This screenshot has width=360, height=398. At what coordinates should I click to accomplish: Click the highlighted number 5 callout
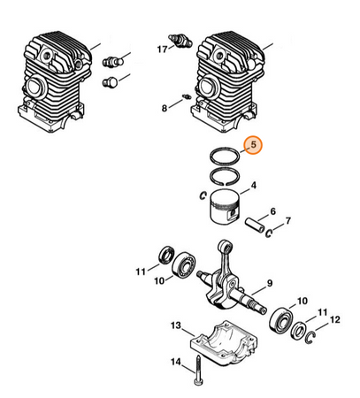(254, 145)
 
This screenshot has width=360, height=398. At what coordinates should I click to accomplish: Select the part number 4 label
(253, 186)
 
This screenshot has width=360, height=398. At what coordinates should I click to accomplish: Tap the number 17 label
(162, 50)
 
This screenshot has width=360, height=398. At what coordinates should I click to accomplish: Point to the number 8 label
(165, 108)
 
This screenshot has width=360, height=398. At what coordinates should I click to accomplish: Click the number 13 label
(176, 325)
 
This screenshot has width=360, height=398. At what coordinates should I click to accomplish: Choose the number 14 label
(176, 362)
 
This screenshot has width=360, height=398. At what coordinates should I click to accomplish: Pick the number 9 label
(270, 283)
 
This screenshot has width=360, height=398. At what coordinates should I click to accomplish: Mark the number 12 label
(335, 319)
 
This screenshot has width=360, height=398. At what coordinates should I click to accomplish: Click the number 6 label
(273, 211)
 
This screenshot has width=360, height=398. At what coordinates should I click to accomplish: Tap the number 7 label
(288, 220)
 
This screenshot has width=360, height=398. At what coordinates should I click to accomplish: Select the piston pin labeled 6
(255, 225)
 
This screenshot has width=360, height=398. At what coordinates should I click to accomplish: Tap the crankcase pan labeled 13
(225, 342)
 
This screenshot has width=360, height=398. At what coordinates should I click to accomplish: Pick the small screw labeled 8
(187, 96)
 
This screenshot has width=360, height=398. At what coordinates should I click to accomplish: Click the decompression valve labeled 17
(180, 42)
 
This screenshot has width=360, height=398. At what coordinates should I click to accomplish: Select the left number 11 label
(141, 272)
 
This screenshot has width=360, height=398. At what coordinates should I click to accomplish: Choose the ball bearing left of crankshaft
(183, 264)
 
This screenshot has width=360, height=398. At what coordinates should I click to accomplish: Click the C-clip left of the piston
(203, 195)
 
